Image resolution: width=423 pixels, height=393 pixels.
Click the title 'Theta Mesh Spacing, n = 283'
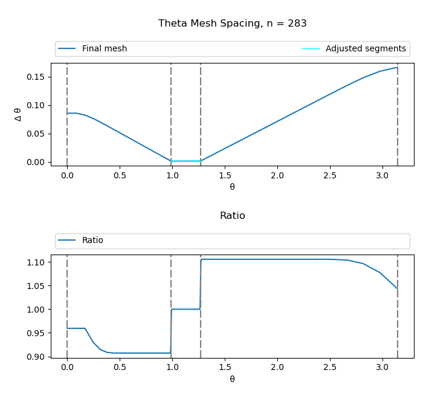(232, 24)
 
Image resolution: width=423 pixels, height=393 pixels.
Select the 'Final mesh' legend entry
(104, 49)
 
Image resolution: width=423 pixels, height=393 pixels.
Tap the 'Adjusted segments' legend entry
(365, 49)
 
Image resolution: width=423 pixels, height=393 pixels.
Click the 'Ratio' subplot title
(232, 216)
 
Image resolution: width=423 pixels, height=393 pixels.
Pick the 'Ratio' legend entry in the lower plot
(92, 241)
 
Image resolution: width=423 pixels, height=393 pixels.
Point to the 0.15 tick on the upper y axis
(37, 77)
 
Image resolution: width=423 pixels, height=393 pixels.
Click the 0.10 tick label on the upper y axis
(37, 105)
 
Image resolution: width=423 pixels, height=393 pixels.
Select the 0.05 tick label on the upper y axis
(37, 134)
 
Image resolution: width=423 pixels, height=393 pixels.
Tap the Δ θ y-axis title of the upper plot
(18, 114)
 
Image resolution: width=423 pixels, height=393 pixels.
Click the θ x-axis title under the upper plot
(232, 187)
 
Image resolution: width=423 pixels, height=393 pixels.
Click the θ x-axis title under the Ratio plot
(232, 379)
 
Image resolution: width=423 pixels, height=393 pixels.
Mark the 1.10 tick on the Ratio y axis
(37, 262)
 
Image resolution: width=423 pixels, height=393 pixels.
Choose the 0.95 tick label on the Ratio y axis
(37, 333)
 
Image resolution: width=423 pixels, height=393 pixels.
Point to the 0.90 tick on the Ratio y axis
(37, 357)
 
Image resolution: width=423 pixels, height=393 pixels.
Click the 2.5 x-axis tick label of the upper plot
(330, 175)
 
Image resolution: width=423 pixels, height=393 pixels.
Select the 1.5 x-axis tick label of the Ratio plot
(225, 368)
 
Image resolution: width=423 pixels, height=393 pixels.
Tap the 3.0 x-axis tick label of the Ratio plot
(383, 368)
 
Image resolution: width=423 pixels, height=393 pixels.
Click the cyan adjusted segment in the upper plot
(186, 161)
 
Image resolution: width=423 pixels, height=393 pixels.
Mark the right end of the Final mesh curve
(397, 67)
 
